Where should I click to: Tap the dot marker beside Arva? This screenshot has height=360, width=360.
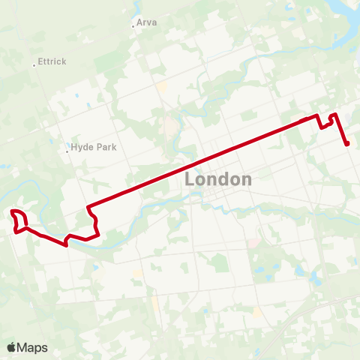[x=133, y=26]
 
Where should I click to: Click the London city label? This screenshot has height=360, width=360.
[x=217, y=180]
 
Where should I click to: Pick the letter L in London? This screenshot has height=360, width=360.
[x=190, y=180]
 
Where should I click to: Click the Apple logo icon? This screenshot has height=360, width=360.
[x=11, y=347]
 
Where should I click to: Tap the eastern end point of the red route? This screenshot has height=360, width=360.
[x=348, y=144]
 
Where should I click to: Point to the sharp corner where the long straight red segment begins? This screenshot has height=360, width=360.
[x=88, y=206]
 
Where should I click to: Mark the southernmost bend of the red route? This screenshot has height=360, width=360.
[x=67, y=244]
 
